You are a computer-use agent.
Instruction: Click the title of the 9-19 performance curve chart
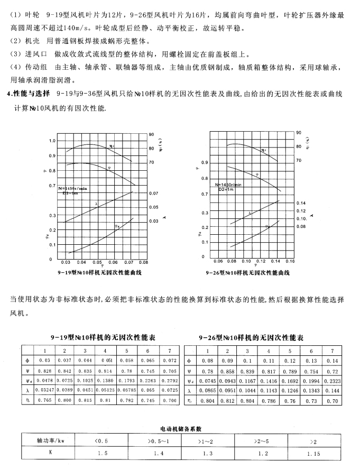point(100,272)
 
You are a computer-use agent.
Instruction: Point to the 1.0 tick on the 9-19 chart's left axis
point(52,141)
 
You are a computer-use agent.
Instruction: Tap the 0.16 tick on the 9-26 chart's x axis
point(290,261)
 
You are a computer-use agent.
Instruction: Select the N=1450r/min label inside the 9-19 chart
point(72,188)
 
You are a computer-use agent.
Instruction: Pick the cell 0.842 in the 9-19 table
point(64,371)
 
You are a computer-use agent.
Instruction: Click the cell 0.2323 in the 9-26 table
point(331,381)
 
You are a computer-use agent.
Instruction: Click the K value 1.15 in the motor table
point(314,453)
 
